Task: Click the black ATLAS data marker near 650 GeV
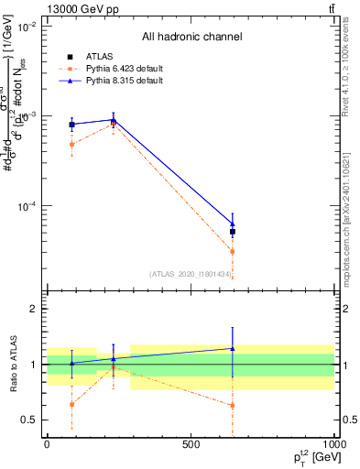tap(233, 232)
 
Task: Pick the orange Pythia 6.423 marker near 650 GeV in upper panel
tap(233, 251)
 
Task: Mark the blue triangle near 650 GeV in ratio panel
tap(233, 348)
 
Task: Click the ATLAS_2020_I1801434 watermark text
tap(191, 274)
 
